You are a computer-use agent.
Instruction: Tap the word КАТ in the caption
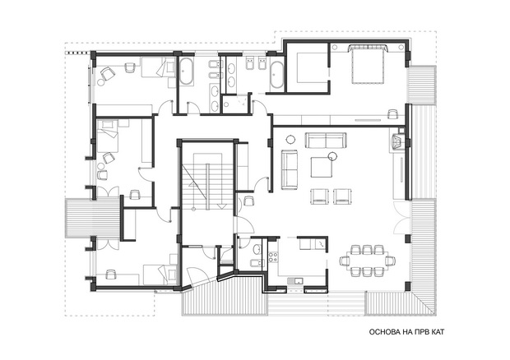point(437,332)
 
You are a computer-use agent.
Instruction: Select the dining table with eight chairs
point(369,261)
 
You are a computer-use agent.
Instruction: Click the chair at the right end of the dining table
point(391,261)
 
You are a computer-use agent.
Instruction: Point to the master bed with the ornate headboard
point(368,64)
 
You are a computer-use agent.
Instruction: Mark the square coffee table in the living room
point(321,167)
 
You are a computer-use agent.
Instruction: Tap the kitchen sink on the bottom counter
point(295,280)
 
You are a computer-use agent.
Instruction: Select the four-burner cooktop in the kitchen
point(273,256)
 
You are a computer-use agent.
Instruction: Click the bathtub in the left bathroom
point(187,72)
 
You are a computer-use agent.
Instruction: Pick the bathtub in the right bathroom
point(276,75)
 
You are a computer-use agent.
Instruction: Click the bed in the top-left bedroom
point(158,67)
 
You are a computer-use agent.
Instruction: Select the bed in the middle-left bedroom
point(108,136)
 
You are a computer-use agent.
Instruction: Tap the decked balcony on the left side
point(93,218)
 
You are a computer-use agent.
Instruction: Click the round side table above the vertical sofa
point(290,140)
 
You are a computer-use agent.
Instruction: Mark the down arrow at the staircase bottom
point(222,206)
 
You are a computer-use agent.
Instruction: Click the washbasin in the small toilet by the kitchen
point(257,249)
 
